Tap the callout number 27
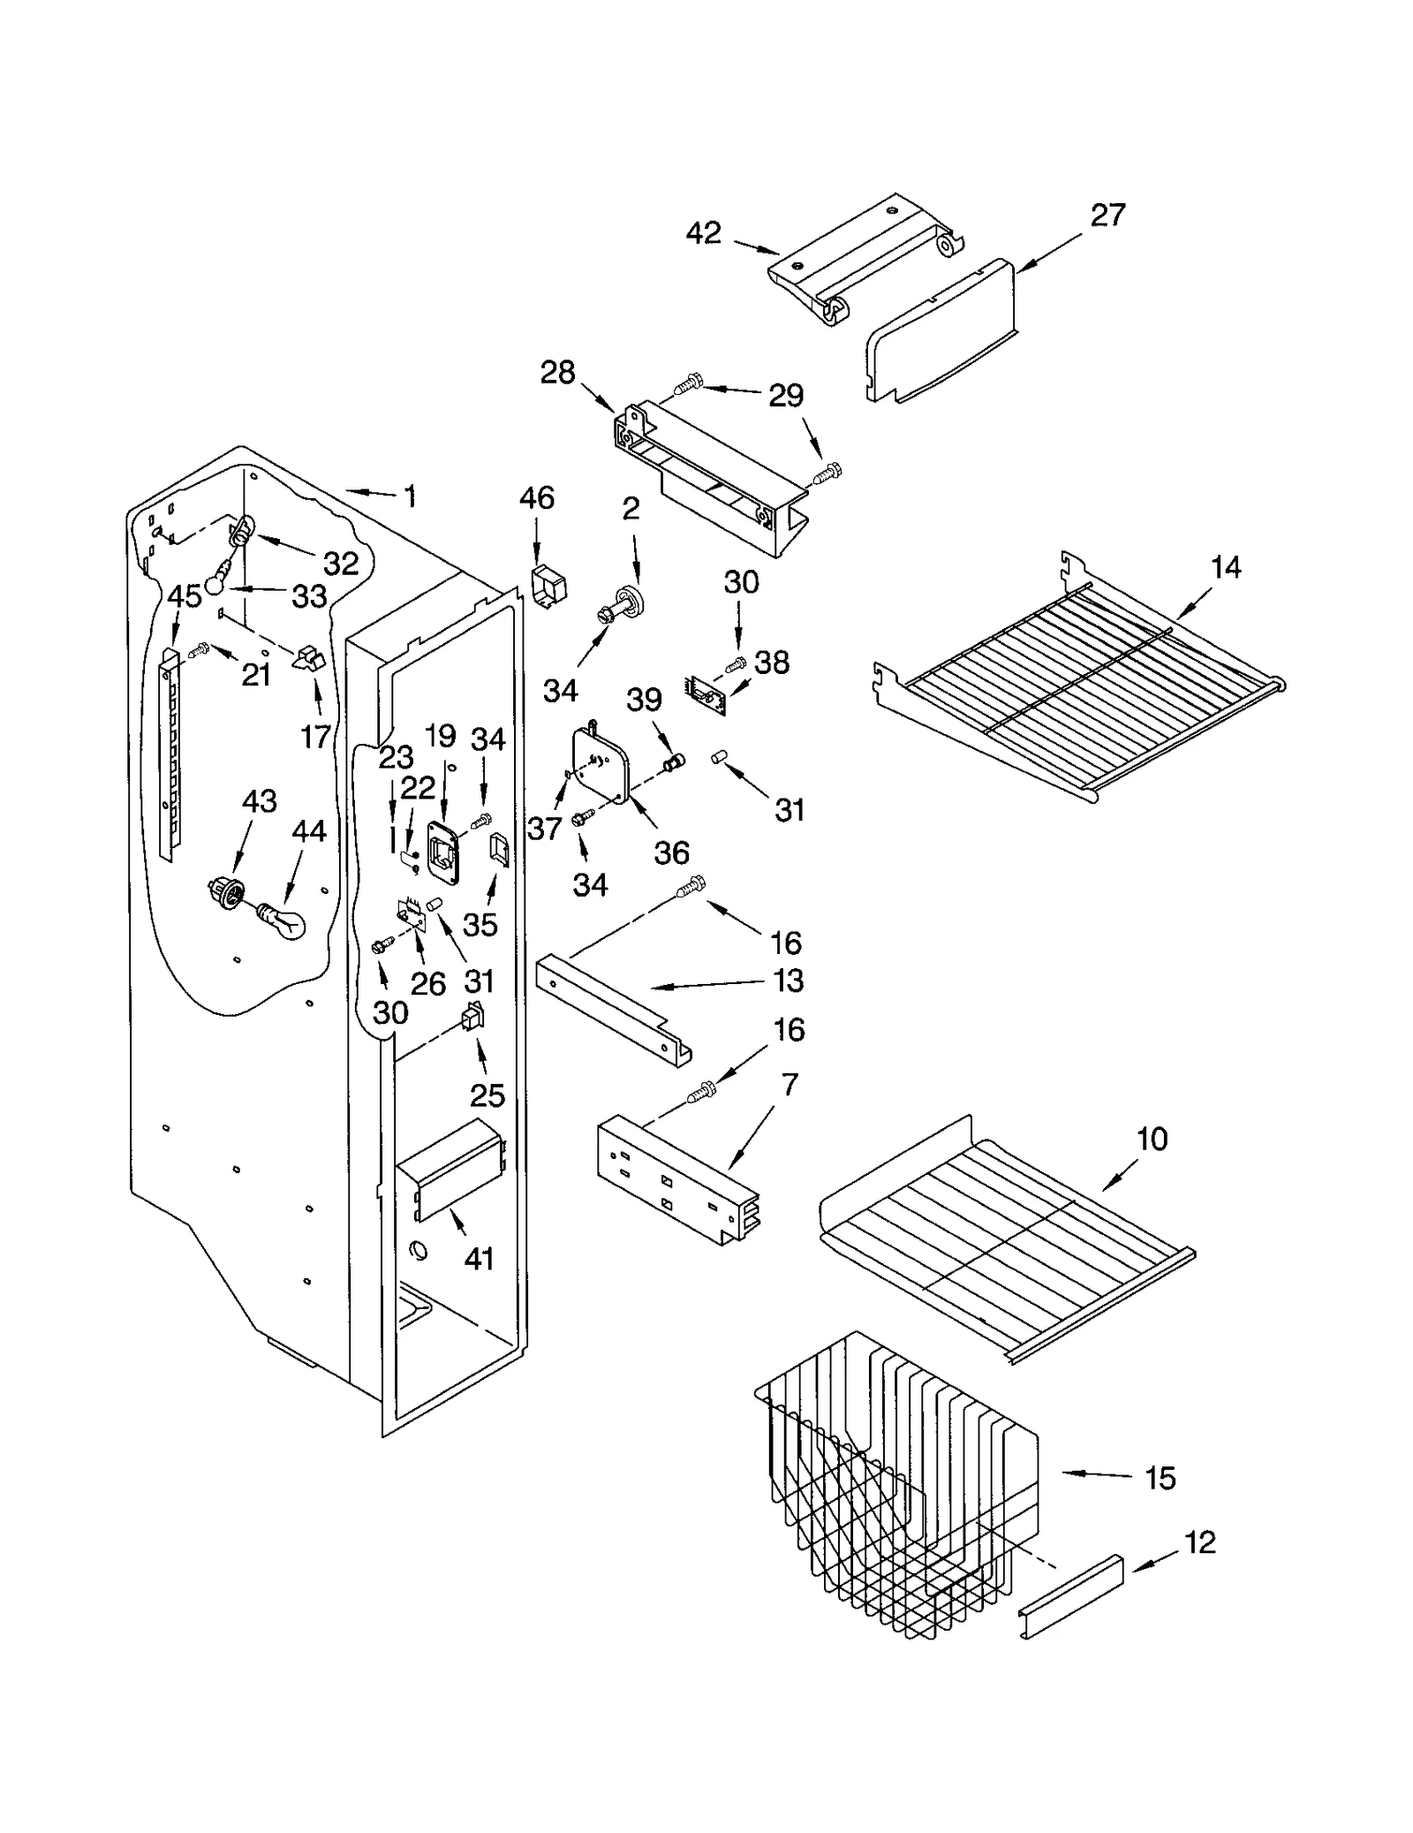tap(1107, 215)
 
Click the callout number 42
tap(703, 233)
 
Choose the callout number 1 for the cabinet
tap(410, 496)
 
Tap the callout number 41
tap(479, 1258)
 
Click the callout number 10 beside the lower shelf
tap(1152, 1139)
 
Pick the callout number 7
tap(790, 1085)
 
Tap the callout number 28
tap(557, 373)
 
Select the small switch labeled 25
tap(473, 1020)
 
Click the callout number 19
tap(440, 735)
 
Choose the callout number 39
tap(644, 699)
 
